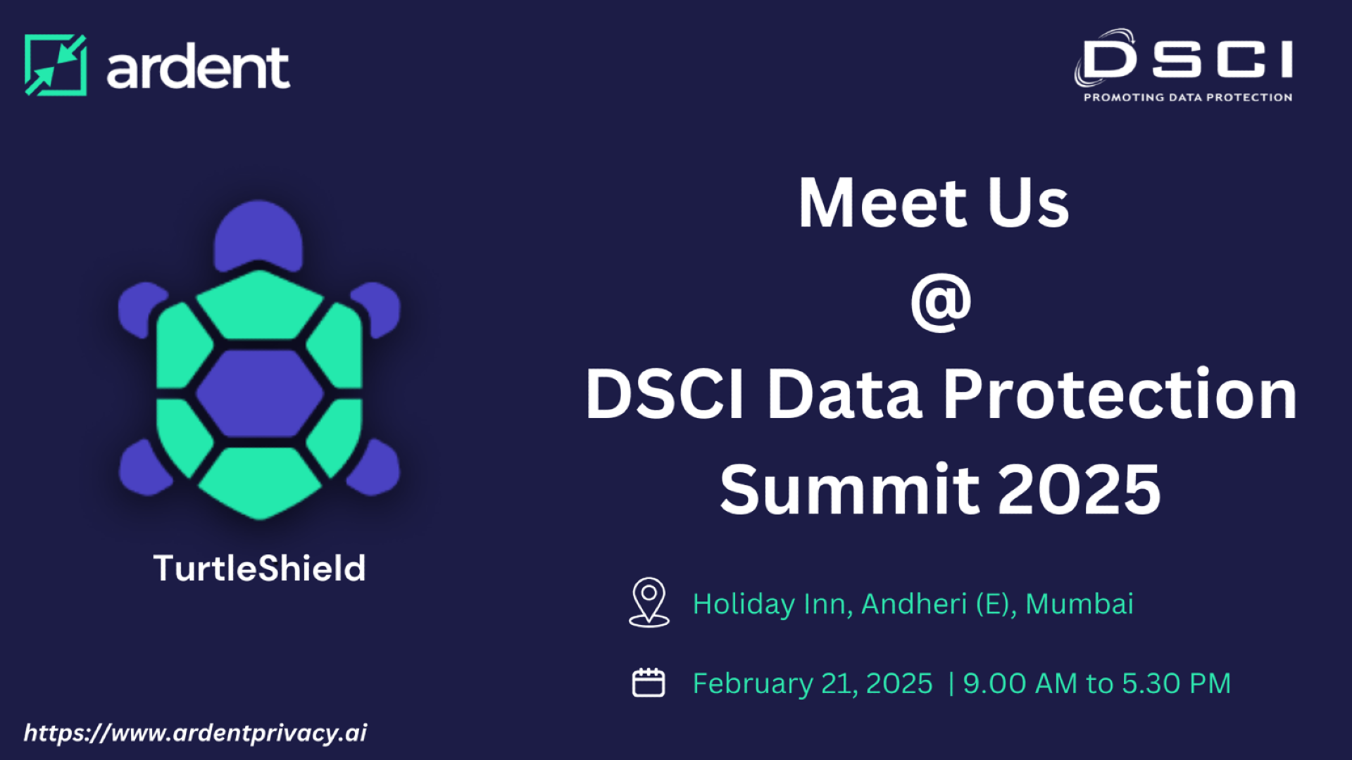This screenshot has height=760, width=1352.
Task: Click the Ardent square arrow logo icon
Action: click(x=56, y=65)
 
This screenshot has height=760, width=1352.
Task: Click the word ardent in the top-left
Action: click(x=198, y=68)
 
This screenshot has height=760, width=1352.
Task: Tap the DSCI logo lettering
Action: click(x=1187, y=59)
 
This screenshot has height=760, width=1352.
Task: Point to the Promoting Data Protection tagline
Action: click(x=1188, y=97)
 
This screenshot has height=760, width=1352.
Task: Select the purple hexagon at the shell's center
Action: click(x=259, y=393)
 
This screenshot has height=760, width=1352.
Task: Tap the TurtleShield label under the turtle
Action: click(x=259, y=569)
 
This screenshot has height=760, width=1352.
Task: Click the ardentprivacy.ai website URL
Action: click(x=195, y=733)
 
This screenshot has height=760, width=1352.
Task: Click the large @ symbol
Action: click(x=941, y=303)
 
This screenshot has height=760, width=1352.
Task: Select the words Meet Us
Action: click(x=934, y=203)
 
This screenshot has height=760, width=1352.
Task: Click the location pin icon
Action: click(x=649, y=602)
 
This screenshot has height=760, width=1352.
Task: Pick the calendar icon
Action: click(x=649, y=683)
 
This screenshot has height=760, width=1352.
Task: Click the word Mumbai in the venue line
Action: click(x=1079, y=604)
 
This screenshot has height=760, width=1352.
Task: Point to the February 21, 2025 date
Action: click(x=813, y=683)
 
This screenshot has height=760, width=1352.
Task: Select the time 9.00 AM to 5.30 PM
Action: click(x=1096, y=683)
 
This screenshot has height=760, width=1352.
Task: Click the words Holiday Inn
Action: click(x=772, y=604)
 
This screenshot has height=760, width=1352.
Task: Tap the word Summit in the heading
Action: click(x=850, y=490)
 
